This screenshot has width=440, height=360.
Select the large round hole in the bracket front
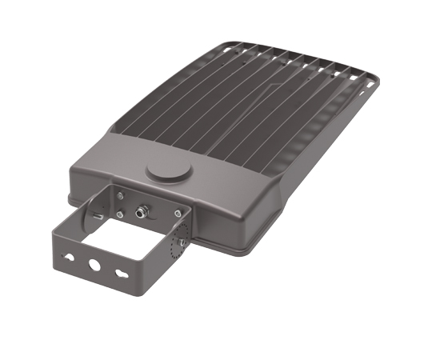click(95, 263)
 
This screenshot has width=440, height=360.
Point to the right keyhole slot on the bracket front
click(120, 272)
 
